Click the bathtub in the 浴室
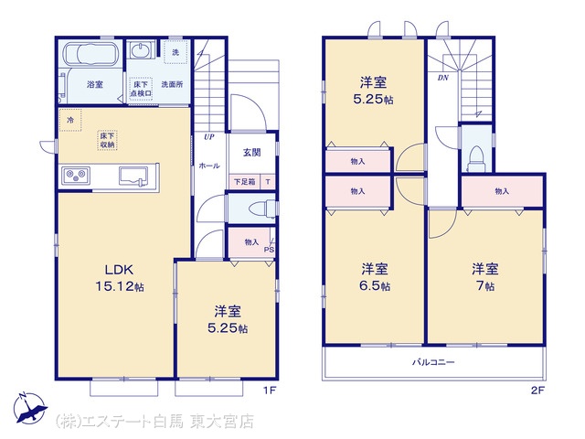tap(91, 54)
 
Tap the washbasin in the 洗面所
tap(142, 50)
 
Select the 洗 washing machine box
tap(175, 53)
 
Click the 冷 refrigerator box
tap(70, 120)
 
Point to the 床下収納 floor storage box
tap(108, 140)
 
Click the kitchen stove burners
tap(76, 175)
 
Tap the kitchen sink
tap(133, 176)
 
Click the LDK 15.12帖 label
tap(120, 278)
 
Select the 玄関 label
tap(252, 153)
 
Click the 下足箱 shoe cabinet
tap(245, 182)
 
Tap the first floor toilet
tap(261, 209)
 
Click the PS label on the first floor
tap(269, 250)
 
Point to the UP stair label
tap(209, 137)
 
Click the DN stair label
tap(442, 78)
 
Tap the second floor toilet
tap(475, 158)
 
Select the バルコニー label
tap(433, 362)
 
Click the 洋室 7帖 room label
tap(484, 277)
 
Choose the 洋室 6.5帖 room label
tap(375, 277)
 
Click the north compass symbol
tap(29, 408)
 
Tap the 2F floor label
tap(537, 391)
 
